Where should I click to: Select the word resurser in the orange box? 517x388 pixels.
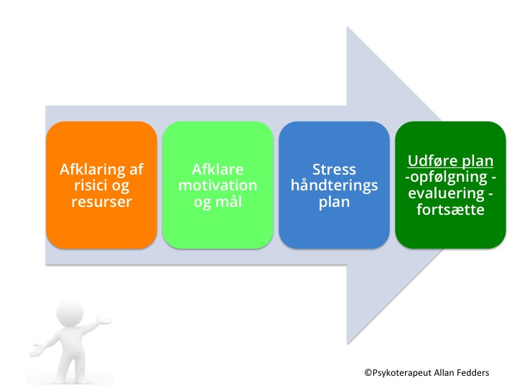[x=101, y=201]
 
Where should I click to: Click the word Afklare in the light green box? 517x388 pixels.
[x=218, y=170]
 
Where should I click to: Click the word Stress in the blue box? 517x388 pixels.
[x=334, y=170]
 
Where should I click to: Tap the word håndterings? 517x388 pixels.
[x=334, y=185]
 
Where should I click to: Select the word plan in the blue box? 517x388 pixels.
[x=334, y=201]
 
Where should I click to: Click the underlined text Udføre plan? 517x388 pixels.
[x=450, y=161]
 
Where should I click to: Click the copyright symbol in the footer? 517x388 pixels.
[x=368, y=372]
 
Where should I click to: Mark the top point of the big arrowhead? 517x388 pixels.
[x=348, y=27]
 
